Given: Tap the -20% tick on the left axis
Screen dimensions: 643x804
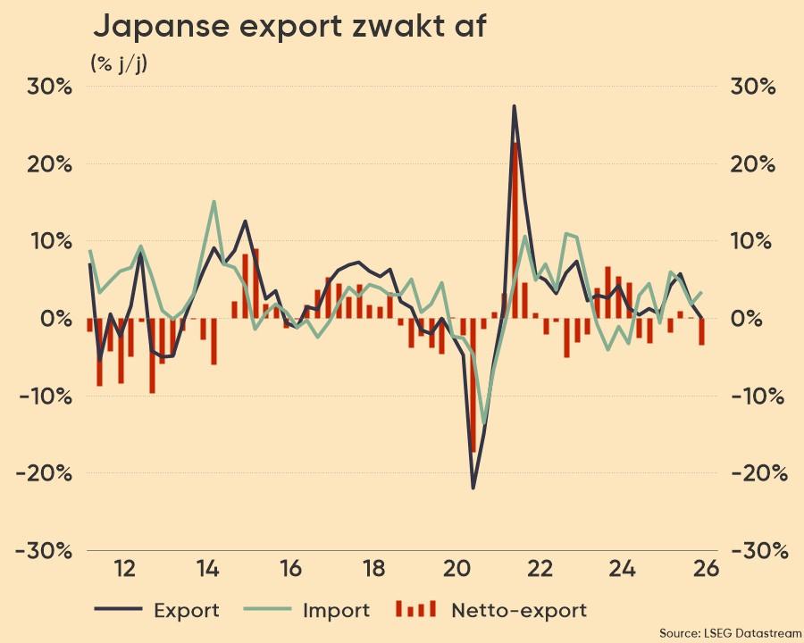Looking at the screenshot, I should coord(43,473).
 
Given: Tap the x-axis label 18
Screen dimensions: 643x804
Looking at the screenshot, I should coord(373,568).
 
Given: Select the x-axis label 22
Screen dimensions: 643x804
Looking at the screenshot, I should coord(540,568).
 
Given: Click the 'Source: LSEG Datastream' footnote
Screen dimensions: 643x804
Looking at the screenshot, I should coord(729,632).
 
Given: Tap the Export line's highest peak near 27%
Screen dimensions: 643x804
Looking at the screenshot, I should coord(515,106).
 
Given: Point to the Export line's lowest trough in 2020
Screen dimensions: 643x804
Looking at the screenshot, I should coord(473,488).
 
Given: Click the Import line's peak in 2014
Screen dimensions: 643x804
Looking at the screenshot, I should coord(214,202).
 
